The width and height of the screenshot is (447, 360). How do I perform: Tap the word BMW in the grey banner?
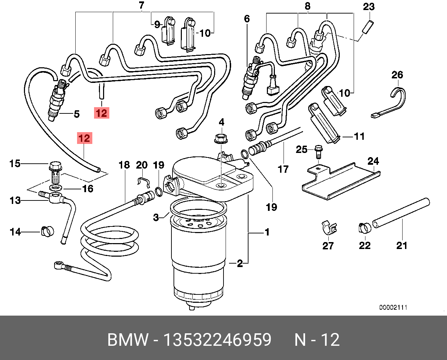pos(128,340)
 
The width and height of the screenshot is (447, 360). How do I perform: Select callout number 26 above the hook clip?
pos(397,75)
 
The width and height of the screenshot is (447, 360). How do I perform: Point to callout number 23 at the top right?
pos(369,7)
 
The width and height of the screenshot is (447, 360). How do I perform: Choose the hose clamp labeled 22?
pos(364,228)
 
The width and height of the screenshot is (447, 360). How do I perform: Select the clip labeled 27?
pos(328,227)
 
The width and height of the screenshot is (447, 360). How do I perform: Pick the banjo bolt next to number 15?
pos(55,172)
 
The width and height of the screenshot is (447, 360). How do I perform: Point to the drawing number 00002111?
pos(393,307)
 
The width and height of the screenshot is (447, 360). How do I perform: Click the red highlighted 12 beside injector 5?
pos(102,113)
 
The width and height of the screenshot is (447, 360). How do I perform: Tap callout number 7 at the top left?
pos(141,5)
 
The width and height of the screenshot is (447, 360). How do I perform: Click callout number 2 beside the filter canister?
pos(240,263)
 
